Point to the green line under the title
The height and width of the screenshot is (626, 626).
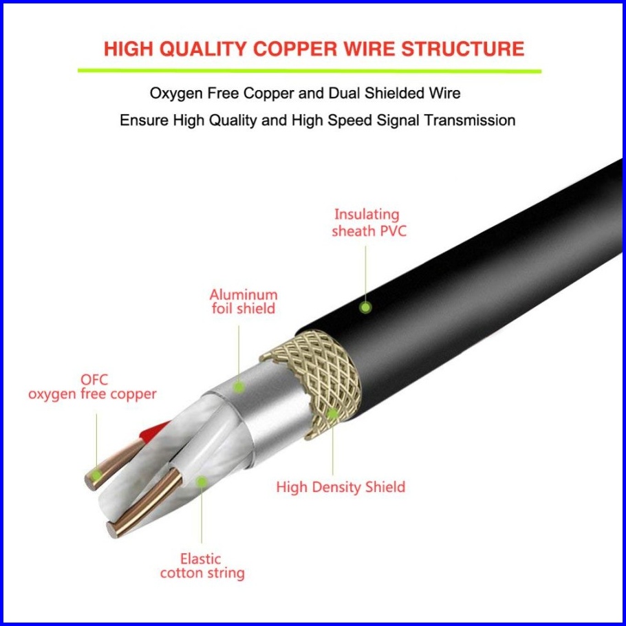310,69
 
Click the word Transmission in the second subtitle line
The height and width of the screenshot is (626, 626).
468,120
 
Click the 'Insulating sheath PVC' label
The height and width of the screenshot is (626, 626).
369,223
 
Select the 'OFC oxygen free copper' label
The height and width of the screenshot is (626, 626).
92,387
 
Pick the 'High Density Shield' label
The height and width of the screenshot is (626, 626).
341,487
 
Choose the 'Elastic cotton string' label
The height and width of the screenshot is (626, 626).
202,565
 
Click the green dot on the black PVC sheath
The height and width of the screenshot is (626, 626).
366,307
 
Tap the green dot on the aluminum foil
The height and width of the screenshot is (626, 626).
238,387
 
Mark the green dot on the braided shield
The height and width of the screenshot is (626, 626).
332,414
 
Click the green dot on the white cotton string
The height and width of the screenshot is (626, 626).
201,482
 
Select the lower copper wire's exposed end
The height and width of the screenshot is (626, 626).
114,529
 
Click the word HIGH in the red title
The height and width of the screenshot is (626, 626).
129,49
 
